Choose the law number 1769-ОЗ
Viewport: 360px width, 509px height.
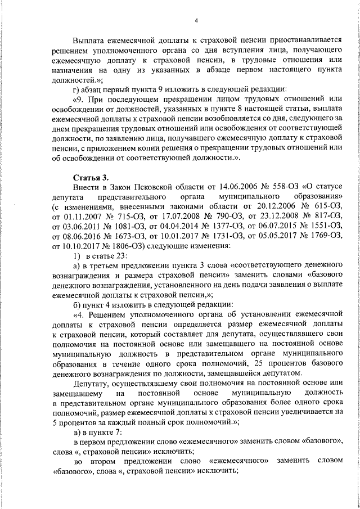328,236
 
